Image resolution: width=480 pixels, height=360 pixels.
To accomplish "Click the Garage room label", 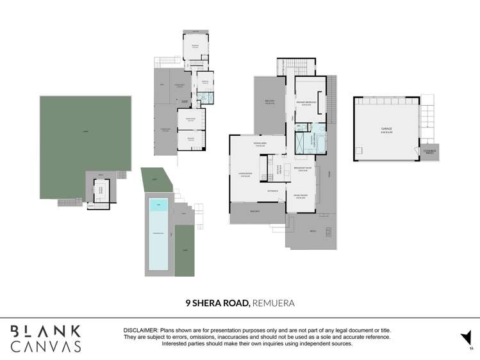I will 386,129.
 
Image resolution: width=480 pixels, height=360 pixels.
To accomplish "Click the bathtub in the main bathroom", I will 320,142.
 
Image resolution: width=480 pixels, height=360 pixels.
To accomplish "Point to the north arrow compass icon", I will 466,338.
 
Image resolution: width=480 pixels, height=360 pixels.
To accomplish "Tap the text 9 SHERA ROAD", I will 217,303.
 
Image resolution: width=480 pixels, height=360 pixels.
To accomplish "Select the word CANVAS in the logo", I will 45,347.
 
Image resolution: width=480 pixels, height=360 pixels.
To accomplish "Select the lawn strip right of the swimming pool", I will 185,250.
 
